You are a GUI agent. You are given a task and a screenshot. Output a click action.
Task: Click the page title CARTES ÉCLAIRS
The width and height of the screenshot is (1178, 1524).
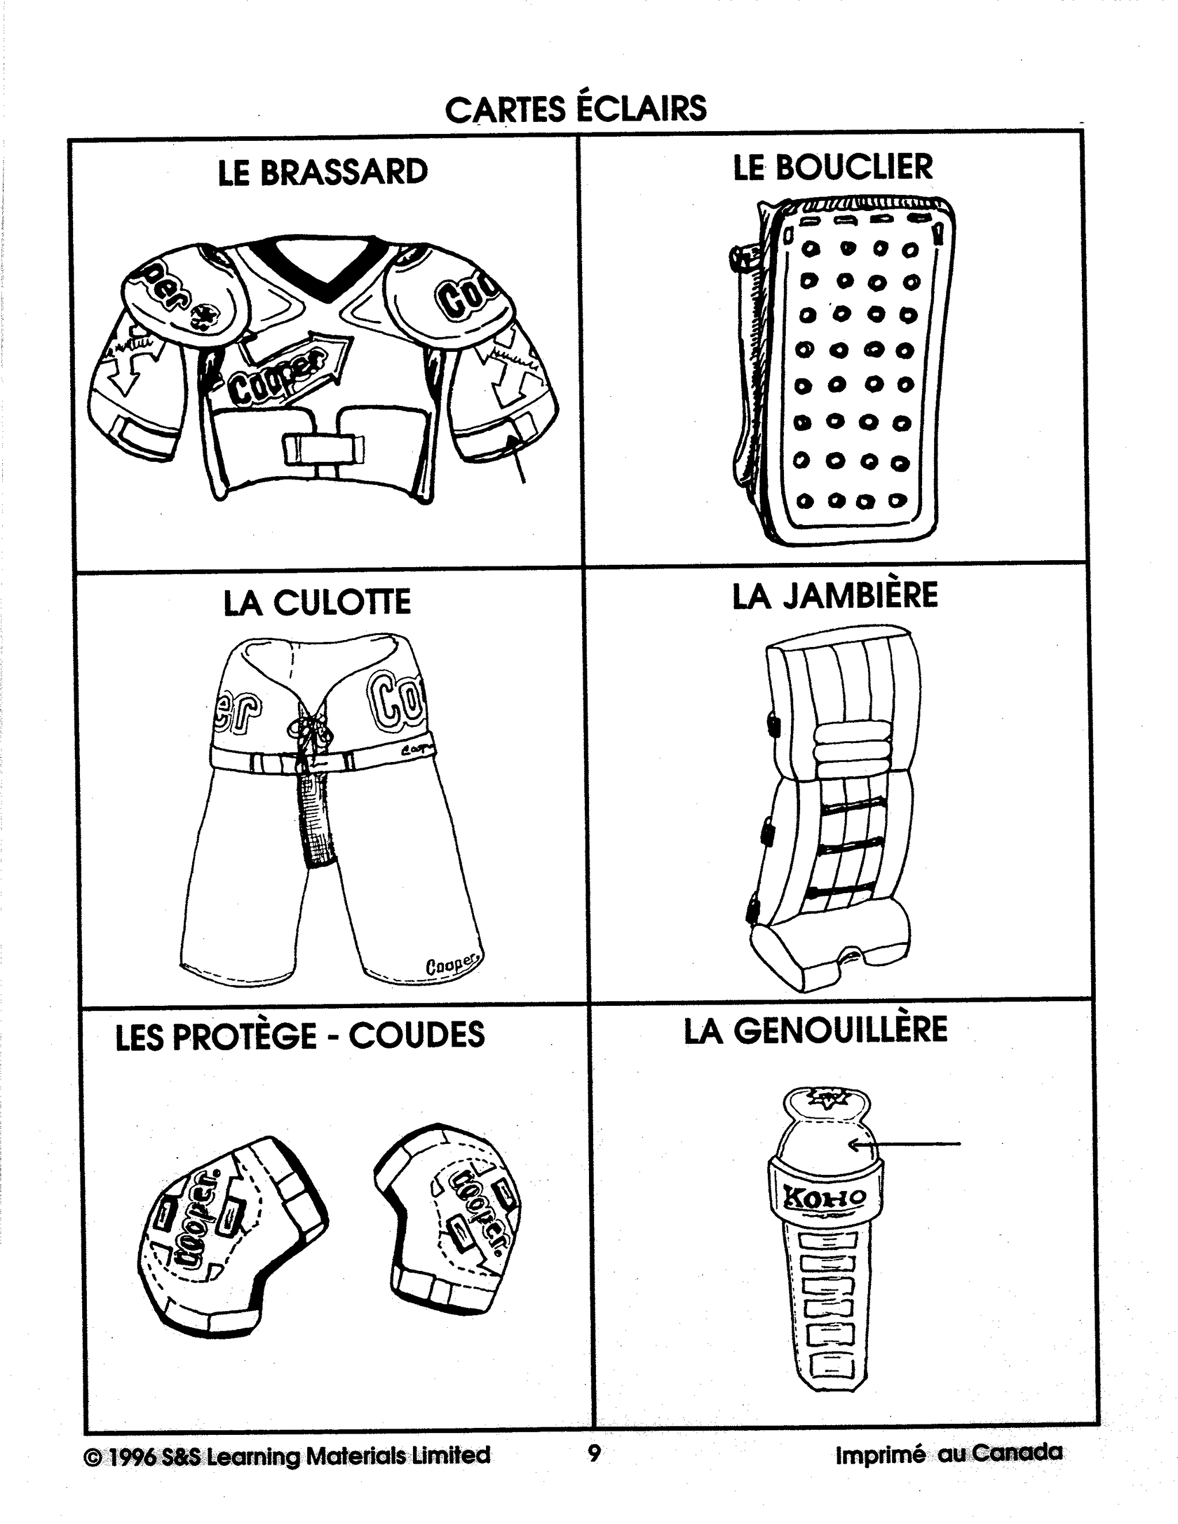576,109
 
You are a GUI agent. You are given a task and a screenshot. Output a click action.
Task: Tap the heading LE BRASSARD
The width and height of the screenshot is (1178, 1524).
323,173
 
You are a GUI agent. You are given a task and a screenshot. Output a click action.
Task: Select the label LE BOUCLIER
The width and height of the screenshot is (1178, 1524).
832,167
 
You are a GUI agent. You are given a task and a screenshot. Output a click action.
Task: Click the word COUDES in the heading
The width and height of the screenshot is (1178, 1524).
416,1035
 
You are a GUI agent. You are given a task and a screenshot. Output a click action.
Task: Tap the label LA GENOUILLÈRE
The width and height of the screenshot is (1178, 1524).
815,1031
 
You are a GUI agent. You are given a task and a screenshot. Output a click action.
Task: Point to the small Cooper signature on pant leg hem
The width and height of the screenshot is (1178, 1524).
453,965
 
